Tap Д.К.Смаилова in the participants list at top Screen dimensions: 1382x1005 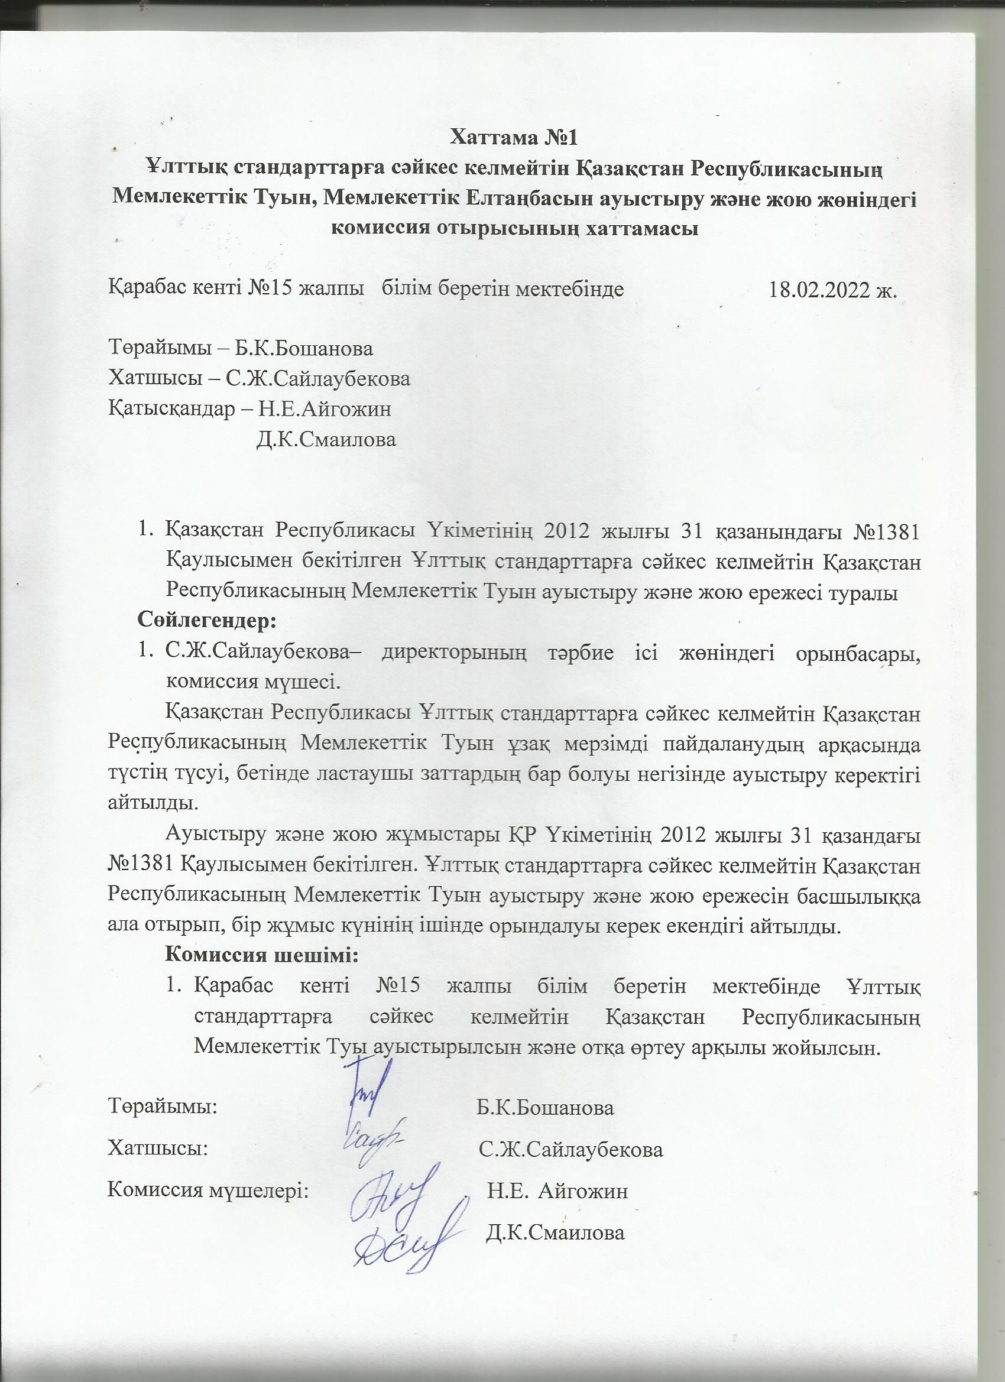tap(326, 439)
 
